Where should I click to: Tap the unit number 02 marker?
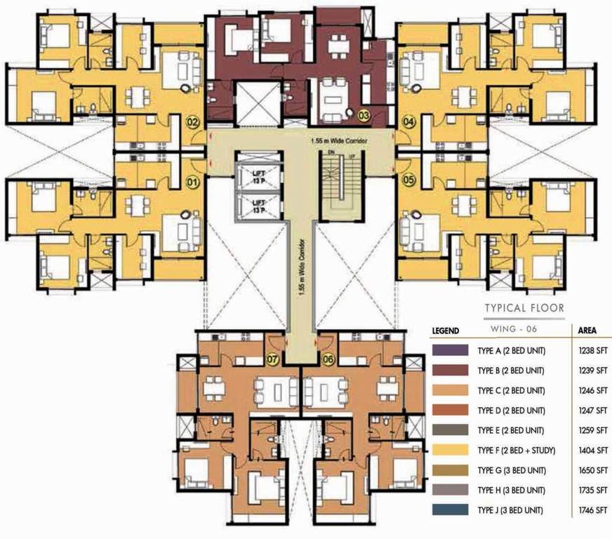tap(191, 122)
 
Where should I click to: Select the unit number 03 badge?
tap(364, 114)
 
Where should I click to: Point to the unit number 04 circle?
tap(408, 122)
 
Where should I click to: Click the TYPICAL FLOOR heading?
tap(524, 307)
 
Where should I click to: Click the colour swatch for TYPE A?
tap(451, 350)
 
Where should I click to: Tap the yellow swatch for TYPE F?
tap(451, 450)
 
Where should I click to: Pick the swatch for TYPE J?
tap(451, 510)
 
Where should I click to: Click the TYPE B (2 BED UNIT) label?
tap(510, 370)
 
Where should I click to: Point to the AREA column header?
tap(587, 330)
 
